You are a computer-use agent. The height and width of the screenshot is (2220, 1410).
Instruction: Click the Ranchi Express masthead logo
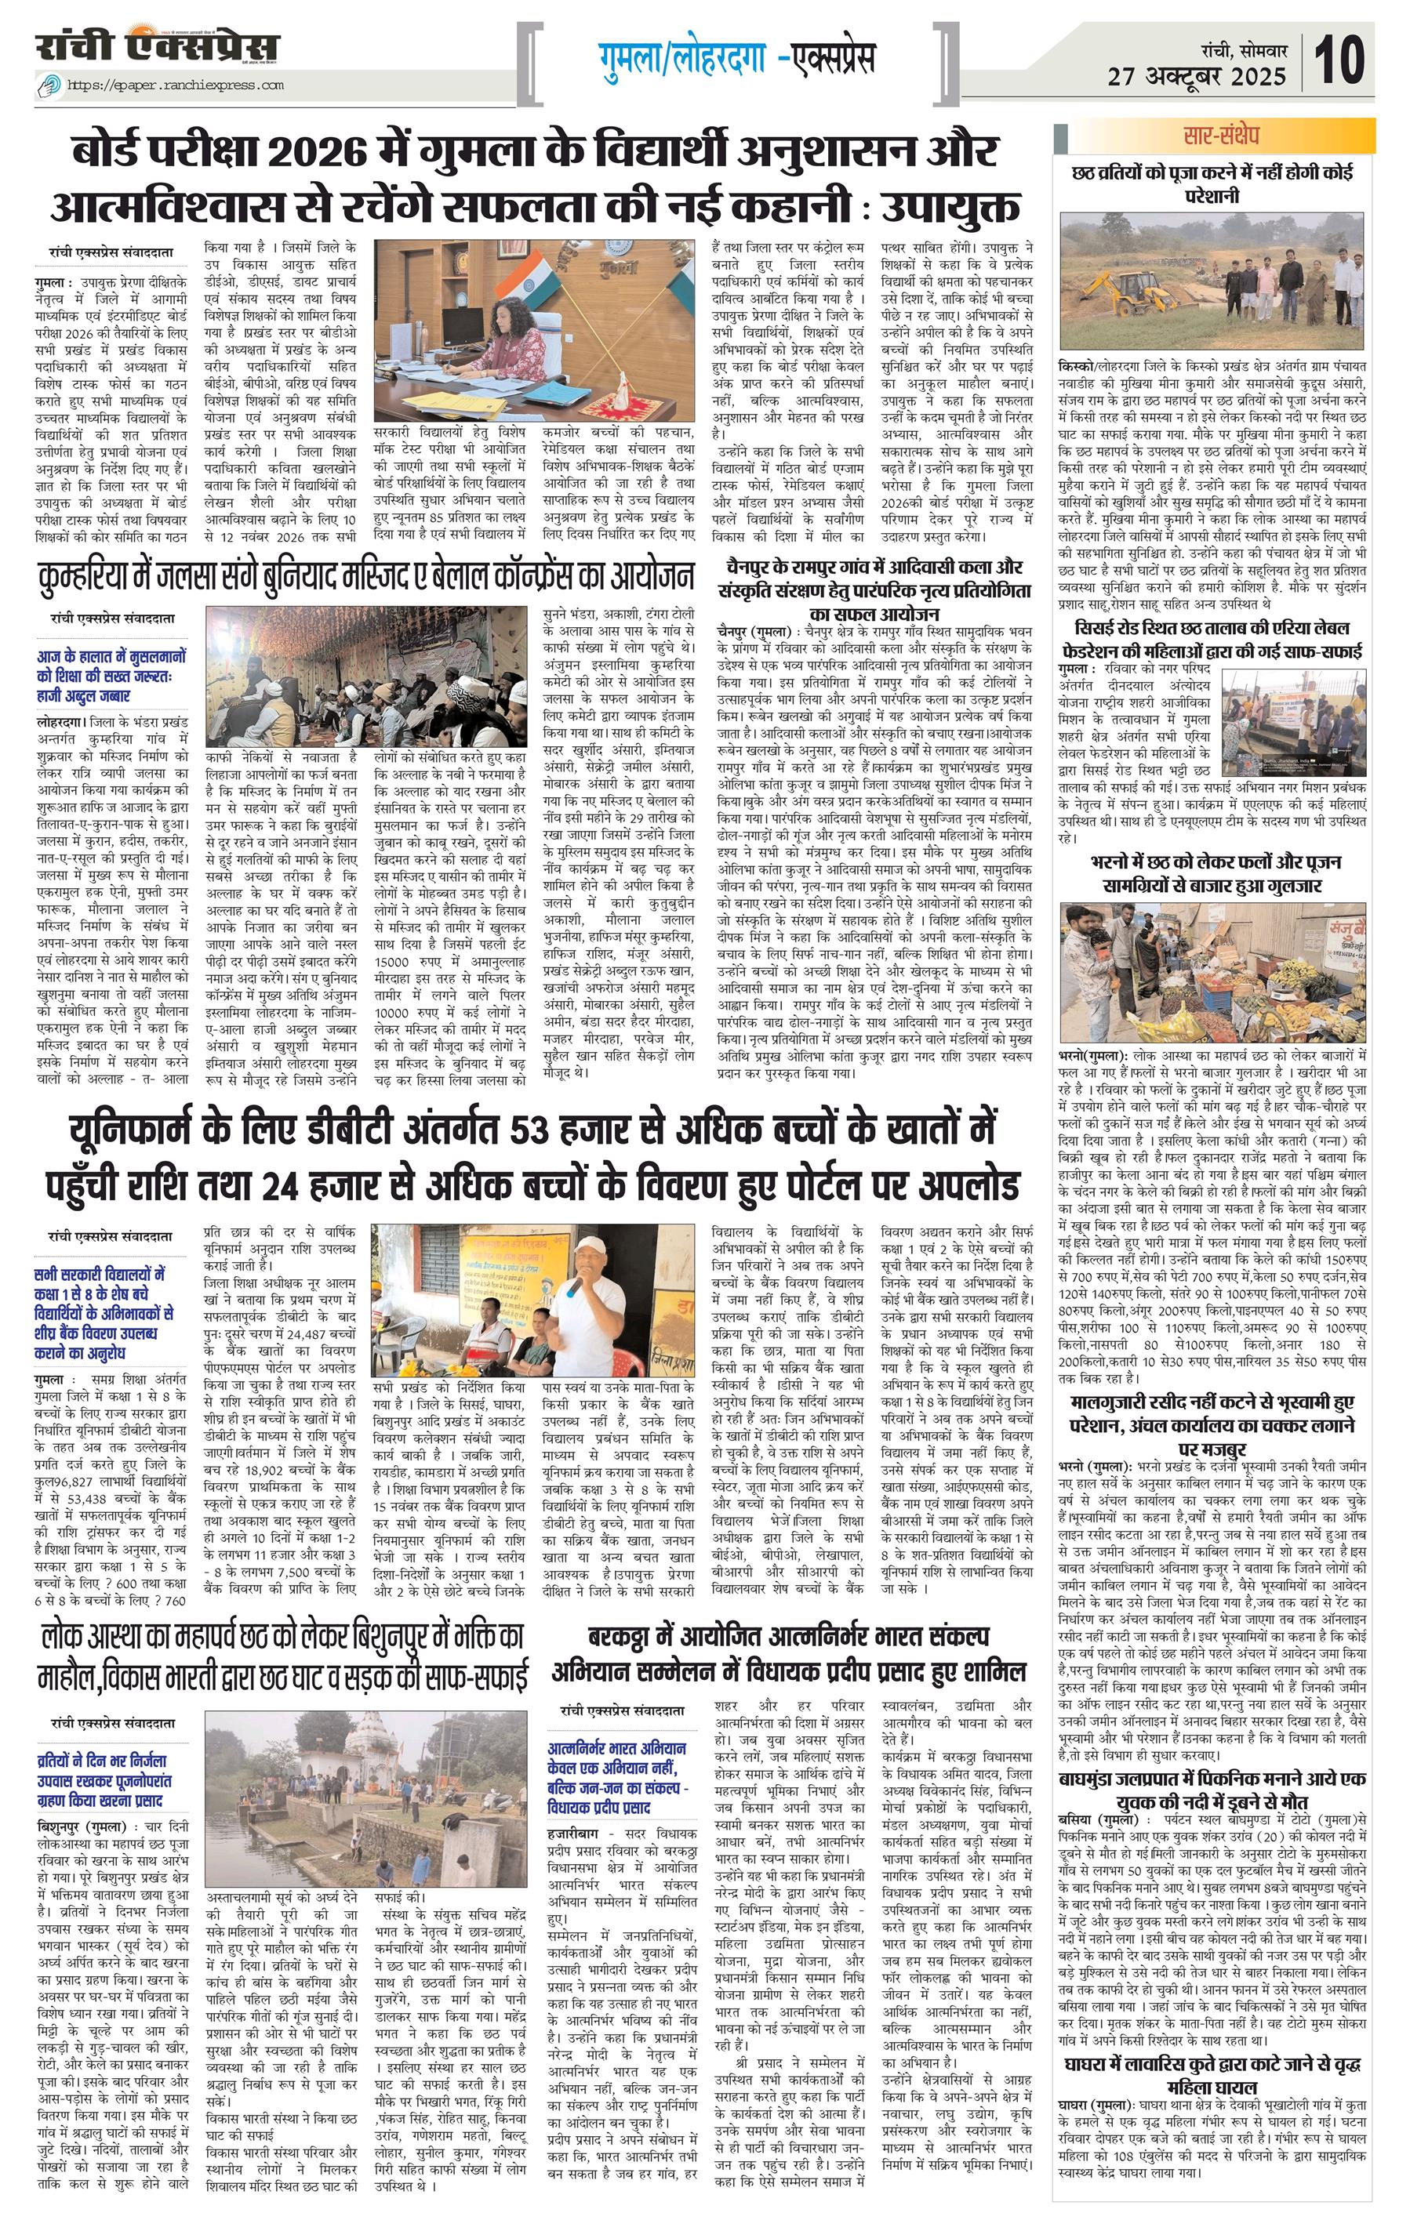tap(158, 47)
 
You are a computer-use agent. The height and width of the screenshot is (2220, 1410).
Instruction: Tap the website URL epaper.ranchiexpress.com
tap(175, 85)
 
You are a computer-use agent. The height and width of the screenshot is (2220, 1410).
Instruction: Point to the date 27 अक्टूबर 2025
tap(1197, 75)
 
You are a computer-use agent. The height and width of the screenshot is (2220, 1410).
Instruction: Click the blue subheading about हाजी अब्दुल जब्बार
tap(111, 676)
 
